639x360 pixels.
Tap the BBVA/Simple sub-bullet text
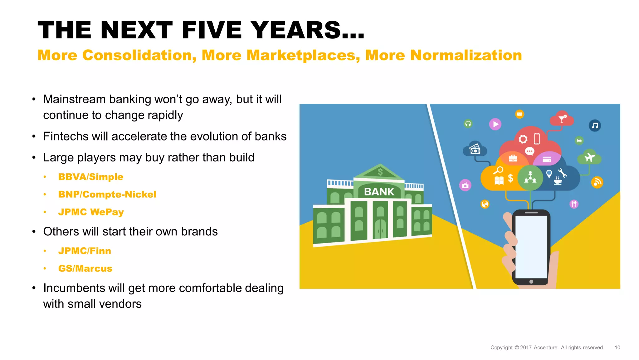point(90,177)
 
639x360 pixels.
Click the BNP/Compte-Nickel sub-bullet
point(107,194)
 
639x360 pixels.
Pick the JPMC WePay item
point(91,212)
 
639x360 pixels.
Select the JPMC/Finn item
point(85,251)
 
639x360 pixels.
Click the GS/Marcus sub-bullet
point(85,268)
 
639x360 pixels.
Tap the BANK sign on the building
point(379,191)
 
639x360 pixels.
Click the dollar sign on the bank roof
point(380,171)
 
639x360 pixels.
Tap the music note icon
point(595,126)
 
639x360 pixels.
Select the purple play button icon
point(495,124)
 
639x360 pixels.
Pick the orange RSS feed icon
point(597,182)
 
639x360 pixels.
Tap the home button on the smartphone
point(531,281)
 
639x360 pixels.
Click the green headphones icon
point(468,124)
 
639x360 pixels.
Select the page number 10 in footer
point(617,348)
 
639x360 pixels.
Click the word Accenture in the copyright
point(546,348)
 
